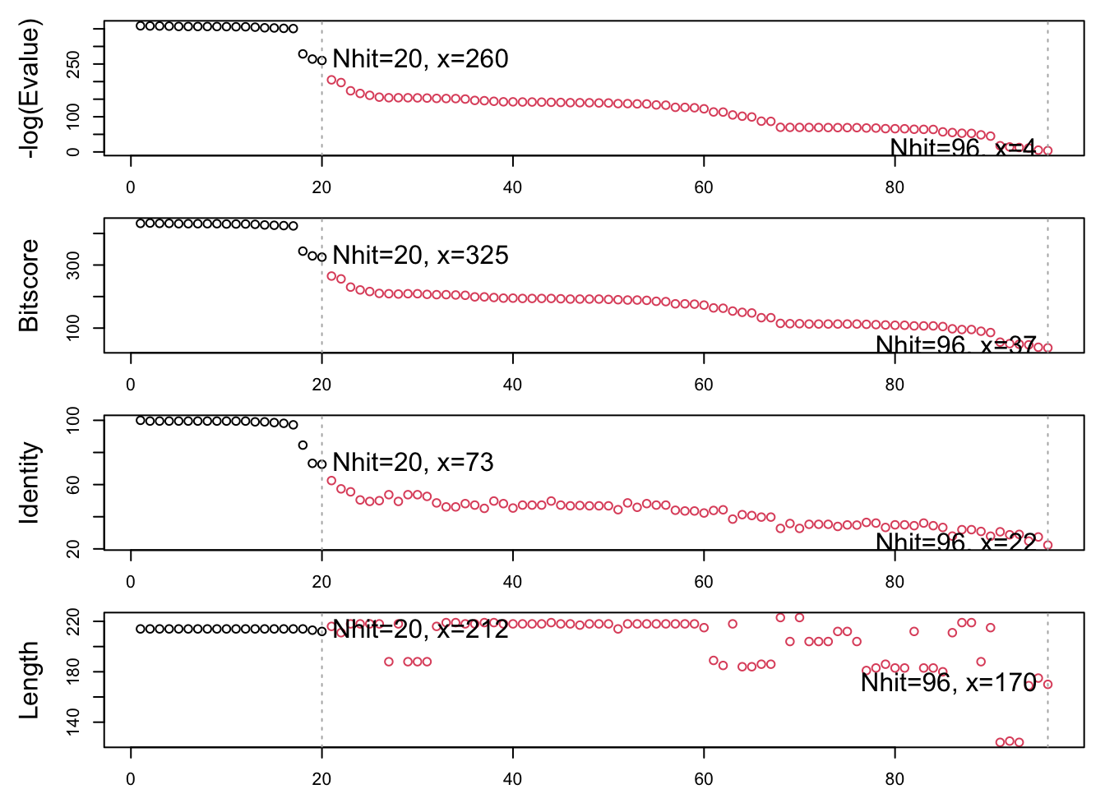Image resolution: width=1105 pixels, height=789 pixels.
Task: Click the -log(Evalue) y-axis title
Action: pyautogui.click(x=30, y=91)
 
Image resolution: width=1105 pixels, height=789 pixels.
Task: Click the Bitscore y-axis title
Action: pyautogui.click(x=30, y=286)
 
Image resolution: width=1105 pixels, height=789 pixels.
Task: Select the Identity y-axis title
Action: pyautogui.click(x=30, y=482)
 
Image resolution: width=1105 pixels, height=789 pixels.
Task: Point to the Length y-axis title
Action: pyautogui.click(x=30, y=681)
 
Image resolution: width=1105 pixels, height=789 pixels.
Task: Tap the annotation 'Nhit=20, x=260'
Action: pyautogui.click(x=420, y=59)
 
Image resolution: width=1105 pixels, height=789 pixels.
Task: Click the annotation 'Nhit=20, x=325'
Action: pyautogui.click(x=420, y=256)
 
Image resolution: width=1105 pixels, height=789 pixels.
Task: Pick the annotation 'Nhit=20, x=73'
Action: pyautogui.click(x=413, y=463)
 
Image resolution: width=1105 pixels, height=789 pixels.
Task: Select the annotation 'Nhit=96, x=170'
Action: pyautogui.click(x=948, y=682)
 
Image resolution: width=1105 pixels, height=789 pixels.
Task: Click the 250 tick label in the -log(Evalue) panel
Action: pyautogui.click(x=73, y=64)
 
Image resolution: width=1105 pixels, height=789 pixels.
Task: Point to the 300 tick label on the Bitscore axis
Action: pyautogui.click(x=73, y=265)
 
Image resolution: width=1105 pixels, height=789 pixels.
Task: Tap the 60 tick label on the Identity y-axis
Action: pyautogui.click(x=73, y=485)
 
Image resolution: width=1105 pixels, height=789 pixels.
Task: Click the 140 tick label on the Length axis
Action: pyautogui.click(x=73, y=722)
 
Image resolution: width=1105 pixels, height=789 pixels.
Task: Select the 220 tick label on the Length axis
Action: pyautogui.click(x=73, y=622)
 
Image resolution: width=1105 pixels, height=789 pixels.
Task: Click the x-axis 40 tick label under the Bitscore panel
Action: pyautogui.click(x=512, y=385)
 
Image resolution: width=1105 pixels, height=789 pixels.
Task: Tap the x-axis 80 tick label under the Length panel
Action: pyautogui.click(x=895, y=779)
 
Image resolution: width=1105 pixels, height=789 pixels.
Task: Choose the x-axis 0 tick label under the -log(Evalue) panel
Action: pyautogui.click(x=131, y=187)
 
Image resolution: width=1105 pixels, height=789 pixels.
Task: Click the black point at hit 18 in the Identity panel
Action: pyautogui.click(x=303, y=445)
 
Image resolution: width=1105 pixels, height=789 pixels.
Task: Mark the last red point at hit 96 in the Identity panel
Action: pyautogui.click(x=1047, y=545)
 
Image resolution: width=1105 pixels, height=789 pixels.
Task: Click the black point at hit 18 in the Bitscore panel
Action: pyautogui.click(x=303, y=251)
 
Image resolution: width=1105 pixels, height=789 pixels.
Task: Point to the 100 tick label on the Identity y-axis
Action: pyautogui.click(x=73, y=421)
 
